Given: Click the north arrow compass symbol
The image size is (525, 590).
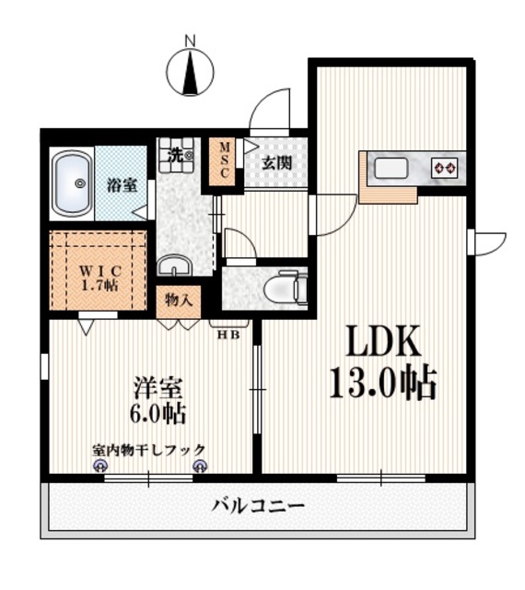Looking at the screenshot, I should (191, 71).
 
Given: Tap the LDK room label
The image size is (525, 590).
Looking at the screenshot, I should (382, 342).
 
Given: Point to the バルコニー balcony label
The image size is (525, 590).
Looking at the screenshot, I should (258, 505).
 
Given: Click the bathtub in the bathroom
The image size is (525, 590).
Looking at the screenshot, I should (70, 183).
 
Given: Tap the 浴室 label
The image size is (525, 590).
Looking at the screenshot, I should (122, 184).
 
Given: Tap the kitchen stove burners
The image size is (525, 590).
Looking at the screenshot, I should (445, 169).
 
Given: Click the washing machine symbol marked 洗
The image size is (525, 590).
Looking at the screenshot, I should (178, 154).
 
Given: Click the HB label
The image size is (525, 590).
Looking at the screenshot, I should (227, 335).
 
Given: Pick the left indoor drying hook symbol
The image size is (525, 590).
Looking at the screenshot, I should (100, 466).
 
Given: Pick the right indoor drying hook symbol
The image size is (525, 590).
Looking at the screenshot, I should (198, 466).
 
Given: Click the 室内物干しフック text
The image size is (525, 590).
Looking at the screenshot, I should (147, 449).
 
